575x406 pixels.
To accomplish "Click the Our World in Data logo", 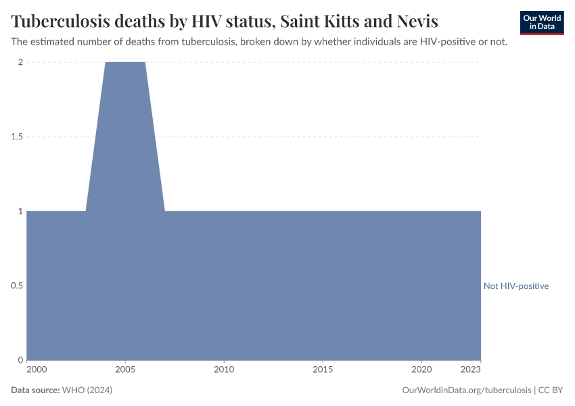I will click(541, 22).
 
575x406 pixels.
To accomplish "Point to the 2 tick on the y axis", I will click(20, 62).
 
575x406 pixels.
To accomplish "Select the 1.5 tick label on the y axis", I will click(16, 137).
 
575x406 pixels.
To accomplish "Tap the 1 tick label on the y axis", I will click(20, 211).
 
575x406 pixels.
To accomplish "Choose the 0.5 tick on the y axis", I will click(16, 286).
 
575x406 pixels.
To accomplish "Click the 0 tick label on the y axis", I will click(20, 360).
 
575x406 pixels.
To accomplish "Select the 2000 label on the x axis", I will click(37, 370).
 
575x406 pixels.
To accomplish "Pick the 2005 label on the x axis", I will click(125, 370).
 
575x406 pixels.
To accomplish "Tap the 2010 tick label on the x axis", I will click(224, 370).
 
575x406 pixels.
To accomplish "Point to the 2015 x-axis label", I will click(323, 370).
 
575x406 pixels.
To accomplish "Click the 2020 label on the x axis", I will click(421, 370).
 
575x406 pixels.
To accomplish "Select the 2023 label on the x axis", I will click(471, 370).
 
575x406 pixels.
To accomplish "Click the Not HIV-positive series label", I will click(516, 286).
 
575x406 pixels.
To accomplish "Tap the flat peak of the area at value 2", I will click(125, 63).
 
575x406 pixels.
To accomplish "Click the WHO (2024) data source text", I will click(87, 390).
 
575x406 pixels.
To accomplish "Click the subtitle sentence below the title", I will click(259, 42).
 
